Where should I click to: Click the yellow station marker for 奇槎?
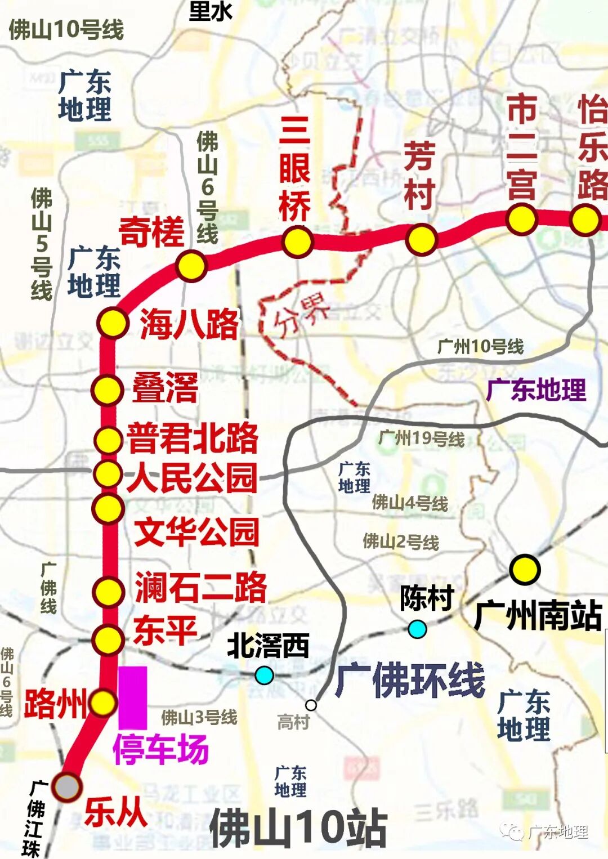tap(191, 266)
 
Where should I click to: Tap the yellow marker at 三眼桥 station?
tap(297, 242)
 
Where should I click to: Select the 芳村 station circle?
tap(421, 239)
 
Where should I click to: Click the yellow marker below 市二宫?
tap(521, 219)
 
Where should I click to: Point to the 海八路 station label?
tap(189, 324)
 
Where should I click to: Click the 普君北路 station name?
tap(193, 439)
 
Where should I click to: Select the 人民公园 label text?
tap(193, 478)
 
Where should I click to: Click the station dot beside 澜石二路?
tap(108, 592)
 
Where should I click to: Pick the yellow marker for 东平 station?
tap(108, 639)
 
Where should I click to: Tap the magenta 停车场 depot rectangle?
tap(133, 697)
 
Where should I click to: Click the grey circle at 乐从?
tap(67, 786)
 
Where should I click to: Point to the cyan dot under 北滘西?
tap(264, 674)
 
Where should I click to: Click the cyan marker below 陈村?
tap(417, 629)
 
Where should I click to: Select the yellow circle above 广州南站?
tap(525, 569)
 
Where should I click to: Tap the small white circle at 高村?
tap(311, 705)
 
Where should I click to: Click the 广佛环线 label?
tap(410, 680)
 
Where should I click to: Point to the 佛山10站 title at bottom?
tap(298, 828)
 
